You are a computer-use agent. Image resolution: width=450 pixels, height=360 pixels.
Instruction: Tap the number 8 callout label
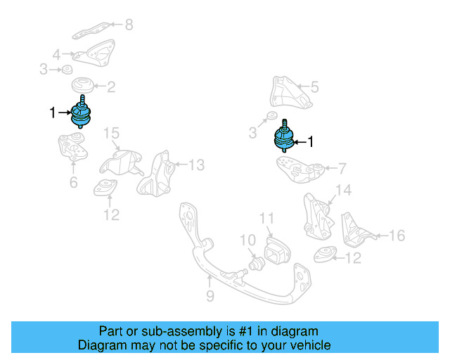click(128, 25)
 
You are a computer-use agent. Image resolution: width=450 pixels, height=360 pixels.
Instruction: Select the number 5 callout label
click(314, 87)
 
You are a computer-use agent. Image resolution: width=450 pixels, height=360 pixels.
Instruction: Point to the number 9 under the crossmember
click(210, 297)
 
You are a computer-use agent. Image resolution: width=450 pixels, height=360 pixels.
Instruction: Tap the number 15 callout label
click(112, 134)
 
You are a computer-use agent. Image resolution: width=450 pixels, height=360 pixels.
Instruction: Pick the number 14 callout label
click(342, 190)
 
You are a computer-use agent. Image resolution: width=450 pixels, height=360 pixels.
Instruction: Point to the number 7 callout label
click(342, 168)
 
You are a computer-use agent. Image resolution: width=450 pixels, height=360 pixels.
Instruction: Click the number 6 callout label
click(73, 184)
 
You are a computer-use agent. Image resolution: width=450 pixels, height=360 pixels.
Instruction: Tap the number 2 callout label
click(111, 87)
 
